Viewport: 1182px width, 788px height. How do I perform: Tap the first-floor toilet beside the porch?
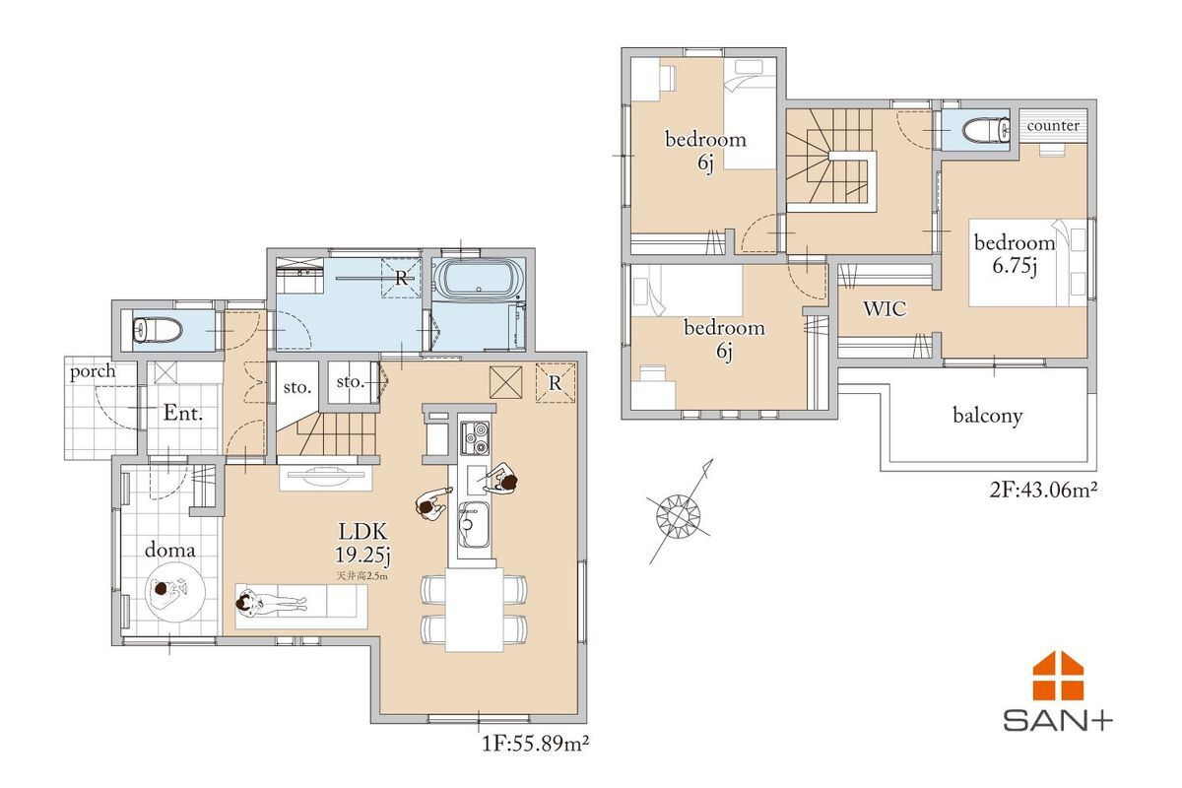click(157, 330)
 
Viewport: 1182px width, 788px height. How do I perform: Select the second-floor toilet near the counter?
click(986, 129)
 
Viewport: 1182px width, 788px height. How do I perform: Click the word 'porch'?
click(93, 372)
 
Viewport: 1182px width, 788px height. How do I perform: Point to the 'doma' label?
click(169, 551)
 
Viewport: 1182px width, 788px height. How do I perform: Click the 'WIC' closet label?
click(885, 308)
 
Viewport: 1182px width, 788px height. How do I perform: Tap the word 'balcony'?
click(987, 416)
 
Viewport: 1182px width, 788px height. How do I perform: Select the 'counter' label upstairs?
click(1053, 126)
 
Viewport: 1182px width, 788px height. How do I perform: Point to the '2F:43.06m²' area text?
click(1043, 491)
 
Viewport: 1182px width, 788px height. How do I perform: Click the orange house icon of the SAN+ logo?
click(1058, 676)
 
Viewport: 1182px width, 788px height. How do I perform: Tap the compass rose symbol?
click(678, 515)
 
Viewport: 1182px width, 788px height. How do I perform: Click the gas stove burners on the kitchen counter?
click(475, 438)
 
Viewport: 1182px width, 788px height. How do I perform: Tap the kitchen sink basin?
click(474, 525)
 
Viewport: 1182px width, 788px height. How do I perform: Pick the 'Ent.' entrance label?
click(183, 413)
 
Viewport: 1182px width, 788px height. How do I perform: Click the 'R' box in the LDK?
click(555, 383)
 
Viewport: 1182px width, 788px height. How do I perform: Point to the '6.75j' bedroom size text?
click(1015, 266)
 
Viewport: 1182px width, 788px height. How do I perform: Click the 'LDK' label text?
click(363, 531)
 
